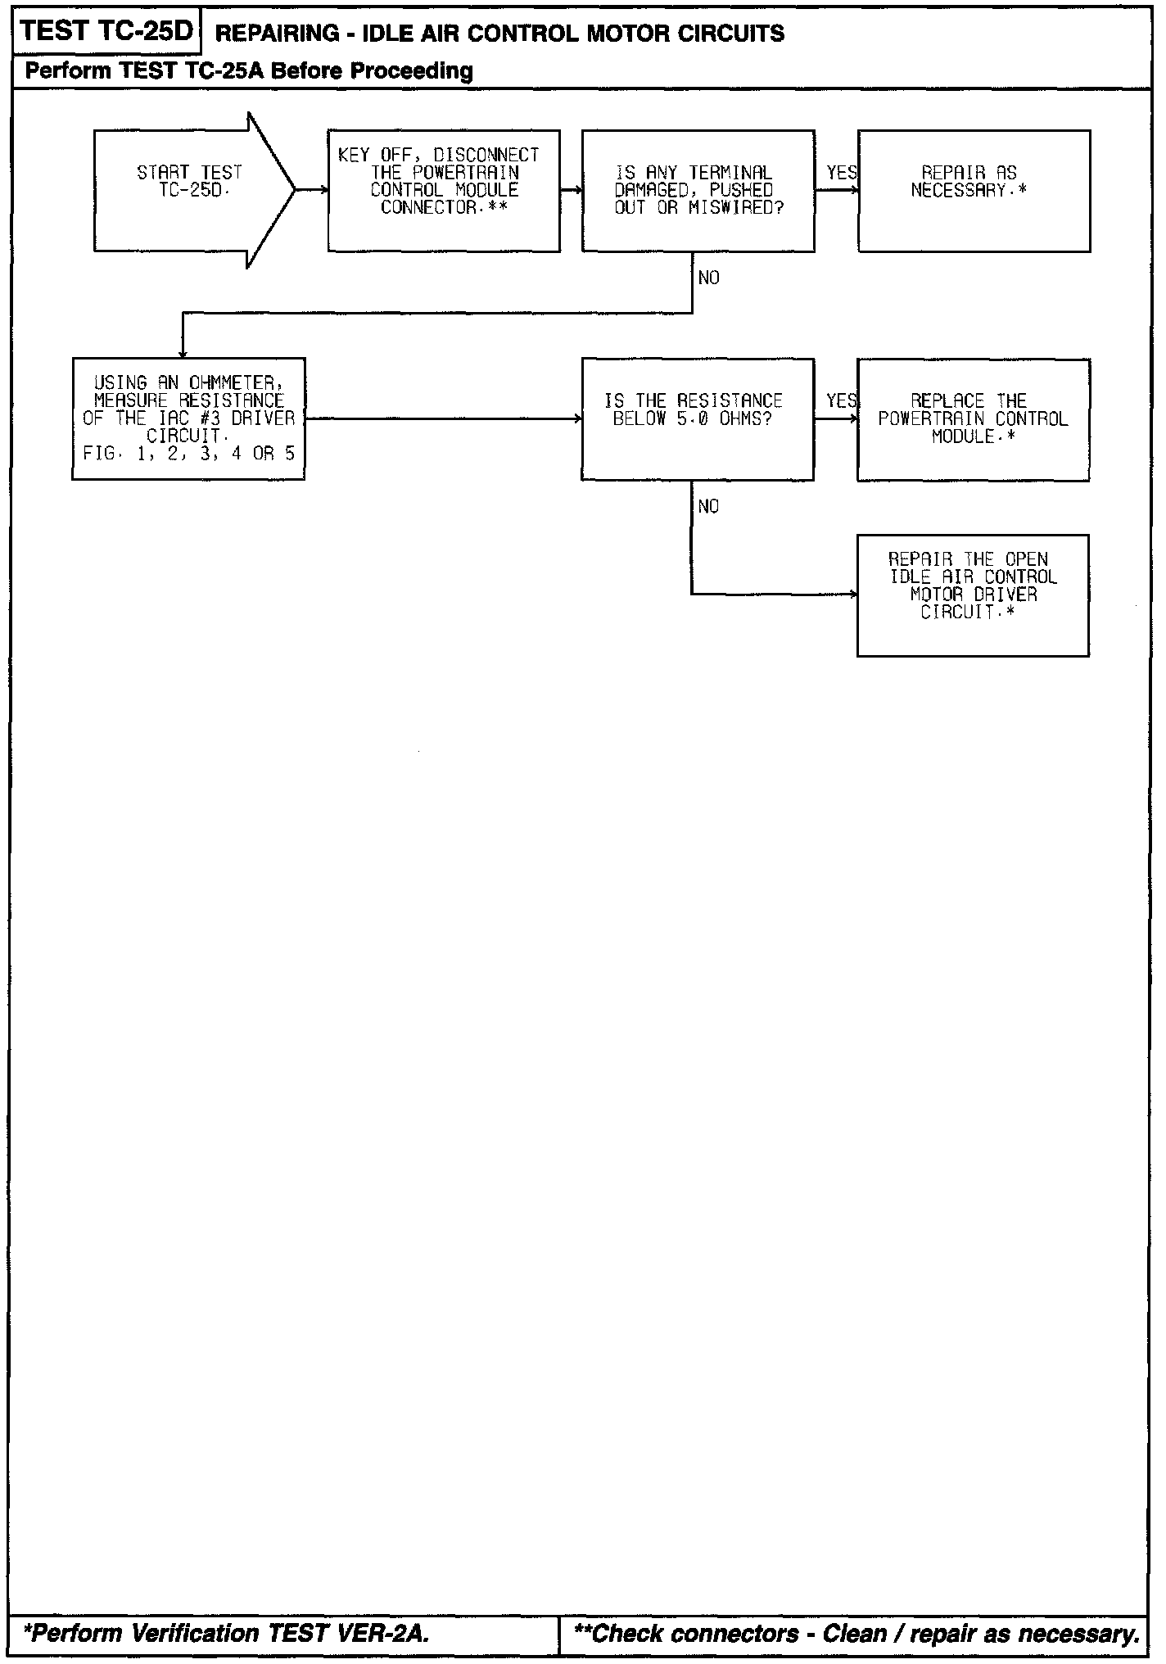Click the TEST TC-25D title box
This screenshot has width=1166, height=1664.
coord(106,31)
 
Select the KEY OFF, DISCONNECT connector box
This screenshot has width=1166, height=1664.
coord(444,190)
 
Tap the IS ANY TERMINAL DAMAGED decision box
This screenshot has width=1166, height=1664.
coord(698,190)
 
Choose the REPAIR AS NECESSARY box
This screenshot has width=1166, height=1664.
coord(974,190)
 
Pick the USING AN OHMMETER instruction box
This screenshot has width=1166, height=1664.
coord(188,418)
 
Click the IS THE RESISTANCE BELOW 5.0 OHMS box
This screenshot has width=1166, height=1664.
coord(697,418)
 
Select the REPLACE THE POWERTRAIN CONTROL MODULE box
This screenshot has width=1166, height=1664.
coord(973,418)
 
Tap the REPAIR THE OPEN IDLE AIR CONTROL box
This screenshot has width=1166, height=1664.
coord(973,595)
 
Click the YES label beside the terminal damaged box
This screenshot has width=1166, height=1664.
coord(841,173)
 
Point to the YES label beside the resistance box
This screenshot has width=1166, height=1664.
coord(841,400)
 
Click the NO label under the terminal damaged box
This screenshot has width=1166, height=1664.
coord(708,278)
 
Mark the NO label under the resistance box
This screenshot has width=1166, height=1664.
coord(708,507)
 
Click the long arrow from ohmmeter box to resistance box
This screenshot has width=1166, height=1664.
coord(442,418)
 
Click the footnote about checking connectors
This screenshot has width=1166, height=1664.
coord(856,1633)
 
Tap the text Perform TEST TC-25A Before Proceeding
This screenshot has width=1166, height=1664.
coord(249,71)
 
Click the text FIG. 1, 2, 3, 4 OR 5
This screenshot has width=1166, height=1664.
coord(188,454)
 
